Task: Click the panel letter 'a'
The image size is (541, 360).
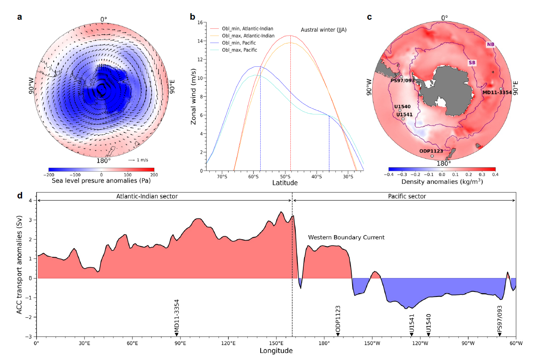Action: (20, 17)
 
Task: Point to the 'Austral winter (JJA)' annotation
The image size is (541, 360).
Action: (324, 30)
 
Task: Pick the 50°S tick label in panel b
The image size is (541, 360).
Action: (285, 177)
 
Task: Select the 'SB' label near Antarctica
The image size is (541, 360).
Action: (472, 62)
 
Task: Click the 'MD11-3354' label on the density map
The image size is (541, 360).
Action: (497, 92)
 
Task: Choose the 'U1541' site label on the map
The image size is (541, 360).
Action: (403, 114)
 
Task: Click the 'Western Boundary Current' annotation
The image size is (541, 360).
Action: (346, 237)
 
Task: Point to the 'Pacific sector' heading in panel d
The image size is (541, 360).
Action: (403, 195)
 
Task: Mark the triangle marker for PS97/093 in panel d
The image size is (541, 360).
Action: (500, 334)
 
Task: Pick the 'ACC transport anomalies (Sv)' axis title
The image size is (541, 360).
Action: (20, 264)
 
